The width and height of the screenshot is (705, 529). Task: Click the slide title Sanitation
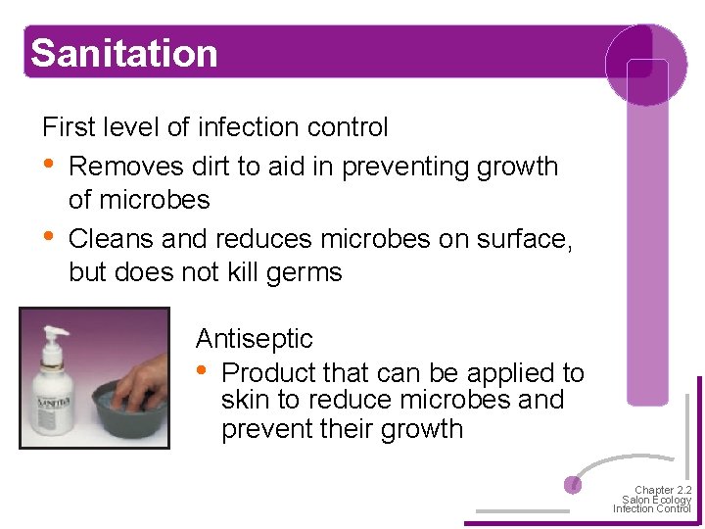pyautogui.click(x=123, y=53)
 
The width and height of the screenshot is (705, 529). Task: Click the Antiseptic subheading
pyautogui.click(x=254, y=339)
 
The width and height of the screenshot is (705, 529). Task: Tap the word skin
pyautogui.click(x=241, y=401)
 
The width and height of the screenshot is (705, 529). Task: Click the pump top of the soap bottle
pyautogui.click(x=53, y=333)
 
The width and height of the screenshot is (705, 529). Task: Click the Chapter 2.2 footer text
pyautogui.click(x=662, y=490)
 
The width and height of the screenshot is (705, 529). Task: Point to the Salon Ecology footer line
pyautogui.click(x=656, y=500)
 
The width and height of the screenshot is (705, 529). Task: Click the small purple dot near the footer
pyautogui.click(x=574, y=484)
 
